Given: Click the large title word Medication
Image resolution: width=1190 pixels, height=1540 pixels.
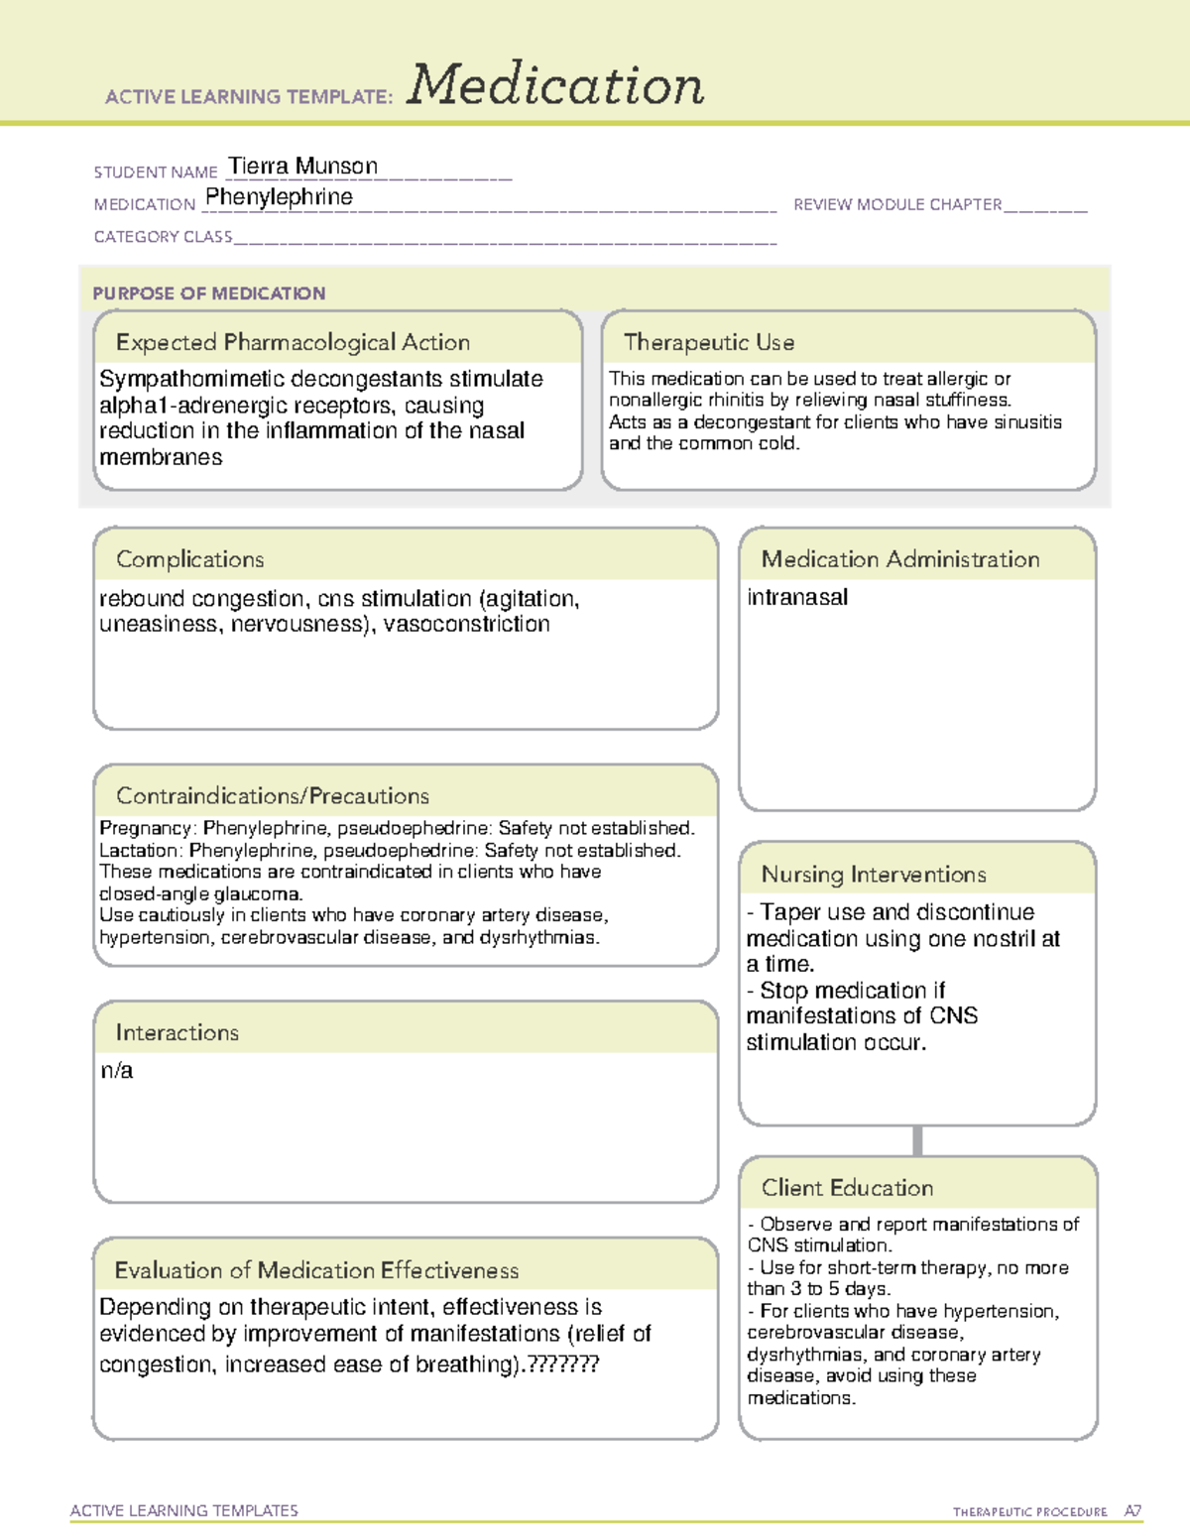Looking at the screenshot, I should pos(555,85).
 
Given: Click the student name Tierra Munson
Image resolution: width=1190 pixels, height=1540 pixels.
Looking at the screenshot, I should pos(302,166).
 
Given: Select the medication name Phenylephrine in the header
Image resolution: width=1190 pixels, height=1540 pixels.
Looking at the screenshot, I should pos(279,197).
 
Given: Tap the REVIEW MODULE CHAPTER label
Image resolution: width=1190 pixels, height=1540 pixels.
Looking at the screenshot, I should pos(897,204).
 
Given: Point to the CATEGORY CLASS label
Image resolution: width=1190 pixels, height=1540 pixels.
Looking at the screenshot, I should pos(163,237).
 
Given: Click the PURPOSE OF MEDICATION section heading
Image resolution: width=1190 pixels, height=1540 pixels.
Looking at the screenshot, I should pos(208,294).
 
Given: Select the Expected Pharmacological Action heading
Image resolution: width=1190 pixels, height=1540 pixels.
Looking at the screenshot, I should pos(293,342).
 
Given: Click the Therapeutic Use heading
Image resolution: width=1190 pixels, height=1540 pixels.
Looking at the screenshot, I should pos(708,342).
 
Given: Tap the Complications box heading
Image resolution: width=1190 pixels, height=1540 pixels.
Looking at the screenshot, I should pos(189,559).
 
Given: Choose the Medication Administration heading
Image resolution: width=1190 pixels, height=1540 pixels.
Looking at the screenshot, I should pos(899,559).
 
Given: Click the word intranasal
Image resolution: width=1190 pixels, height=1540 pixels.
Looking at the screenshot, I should pos(797,597).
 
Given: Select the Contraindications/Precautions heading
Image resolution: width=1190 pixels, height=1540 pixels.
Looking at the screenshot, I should pos(272,795).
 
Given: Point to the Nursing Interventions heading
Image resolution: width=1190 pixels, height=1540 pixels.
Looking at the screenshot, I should pos(873,875).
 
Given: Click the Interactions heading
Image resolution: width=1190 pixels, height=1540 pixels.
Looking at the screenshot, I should pos(177,1032).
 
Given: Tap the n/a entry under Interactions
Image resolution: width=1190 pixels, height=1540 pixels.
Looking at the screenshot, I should pos(116,1071).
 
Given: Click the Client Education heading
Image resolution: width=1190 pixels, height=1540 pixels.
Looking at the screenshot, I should pos(847,1188).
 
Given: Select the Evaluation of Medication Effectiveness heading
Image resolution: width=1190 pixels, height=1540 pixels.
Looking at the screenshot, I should pos(316,1270).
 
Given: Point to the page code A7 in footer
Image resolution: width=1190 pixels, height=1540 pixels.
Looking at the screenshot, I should pos(1132,1511).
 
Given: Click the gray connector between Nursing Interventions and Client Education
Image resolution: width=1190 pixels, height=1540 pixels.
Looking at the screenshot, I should pos(917,1140).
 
